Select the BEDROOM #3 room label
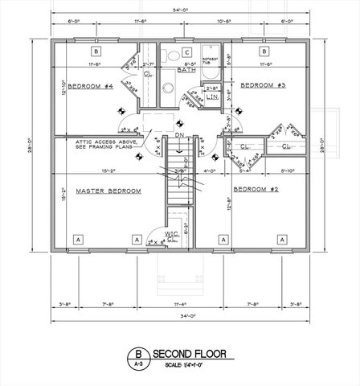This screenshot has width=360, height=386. pos(261,83)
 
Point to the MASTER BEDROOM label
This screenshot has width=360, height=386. pos(108,191)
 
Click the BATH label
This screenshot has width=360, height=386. pos(187,69)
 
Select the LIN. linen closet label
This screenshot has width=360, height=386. pos(212,96)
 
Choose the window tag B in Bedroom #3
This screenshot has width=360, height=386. pos(262,50)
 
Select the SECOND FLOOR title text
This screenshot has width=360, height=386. pos(190,353)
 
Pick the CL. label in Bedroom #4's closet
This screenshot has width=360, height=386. pos(149,74)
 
